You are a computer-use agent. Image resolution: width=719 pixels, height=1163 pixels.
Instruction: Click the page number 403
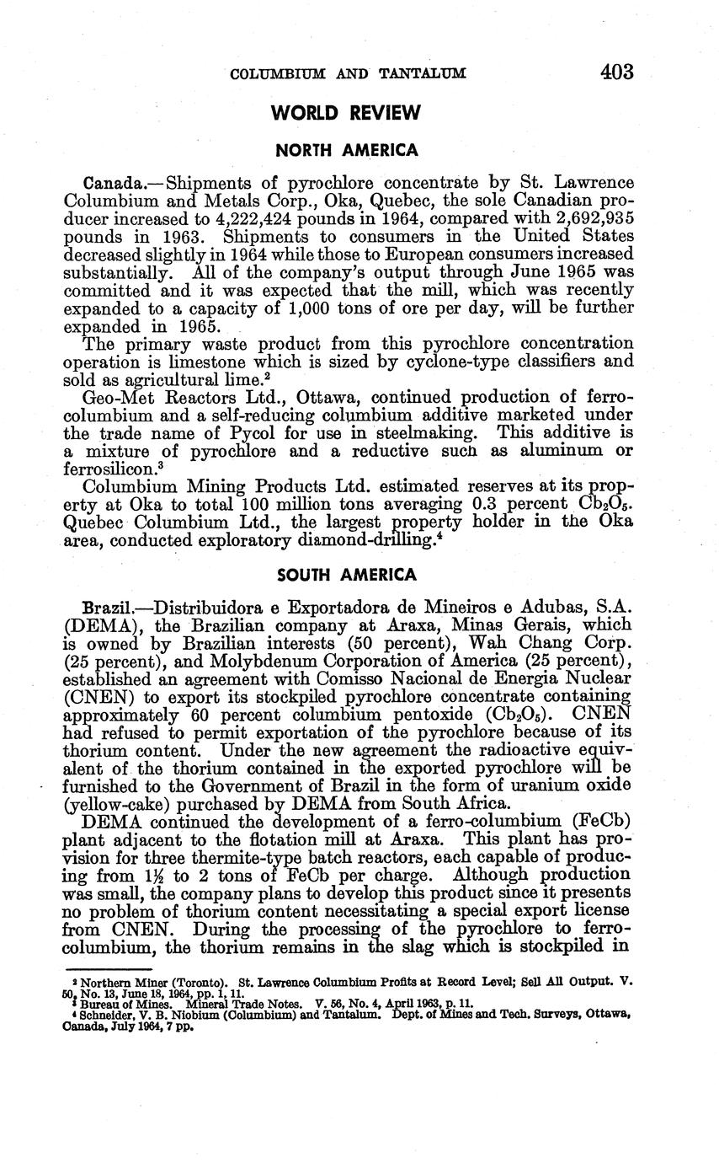(x=616, y=72)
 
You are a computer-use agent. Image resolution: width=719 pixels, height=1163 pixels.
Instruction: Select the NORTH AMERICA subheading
(x=347, y=151)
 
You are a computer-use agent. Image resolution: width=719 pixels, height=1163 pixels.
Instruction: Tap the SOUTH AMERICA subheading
(x=347, y=576)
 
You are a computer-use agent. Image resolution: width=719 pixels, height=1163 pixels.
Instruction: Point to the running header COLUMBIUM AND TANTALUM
(x=348, y=74)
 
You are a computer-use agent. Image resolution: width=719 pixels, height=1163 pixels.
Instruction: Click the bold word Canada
(x=112, y=183)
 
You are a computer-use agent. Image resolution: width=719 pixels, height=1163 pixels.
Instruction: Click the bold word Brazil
(x=108, y=607)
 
